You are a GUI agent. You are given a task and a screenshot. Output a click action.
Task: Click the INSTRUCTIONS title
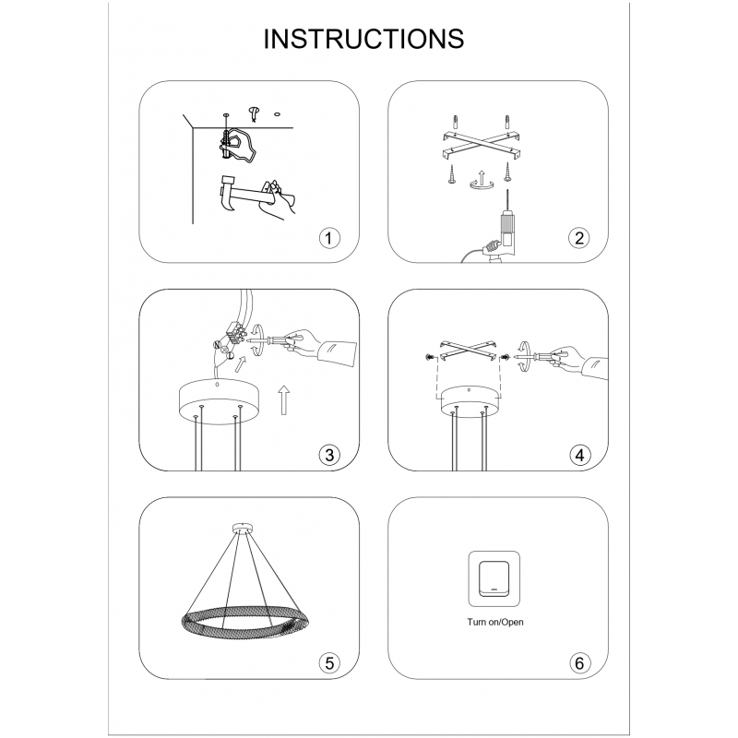363,39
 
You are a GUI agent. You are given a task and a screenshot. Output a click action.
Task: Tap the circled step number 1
329,238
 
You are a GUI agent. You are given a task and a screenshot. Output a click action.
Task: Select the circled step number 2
579,238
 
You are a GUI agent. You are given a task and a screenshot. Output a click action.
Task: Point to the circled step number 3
329,455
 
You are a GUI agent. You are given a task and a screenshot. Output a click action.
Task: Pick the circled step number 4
579,455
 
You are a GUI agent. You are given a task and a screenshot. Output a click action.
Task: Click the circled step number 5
329,662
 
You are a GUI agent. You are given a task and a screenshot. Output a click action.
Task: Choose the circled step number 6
579,662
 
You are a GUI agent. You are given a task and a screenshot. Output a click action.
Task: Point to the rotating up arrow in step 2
482,181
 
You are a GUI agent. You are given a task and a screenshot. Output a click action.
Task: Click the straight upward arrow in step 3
283,400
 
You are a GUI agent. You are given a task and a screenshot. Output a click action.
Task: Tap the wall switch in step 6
494,579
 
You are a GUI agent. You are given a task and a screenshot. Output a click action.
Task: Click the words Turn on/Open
495,622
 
